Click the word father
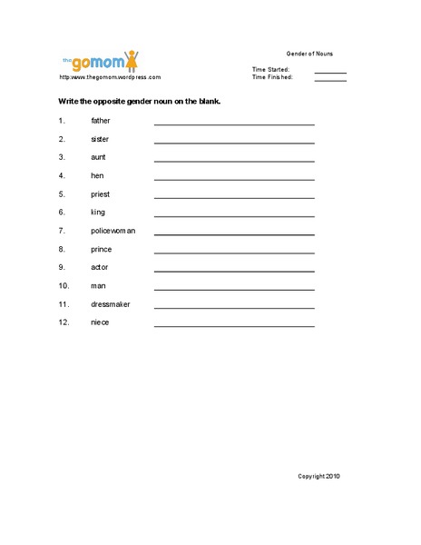click(x=101, y=120)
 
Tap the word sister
click(x=100, y=139)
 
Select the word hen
click(x=97, y=175)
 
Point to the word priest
click(x=101, y=193)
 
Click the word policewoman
click(x=113, y=231)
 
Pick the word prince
click(x=102, y=249)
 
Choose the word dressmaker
click(x=111, y=304)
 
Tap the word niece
click(x=100, y=322)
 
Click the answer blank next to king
click(x=234, y=215)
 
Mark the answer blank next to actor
click(x=234, y=271)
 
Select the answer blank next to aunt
click(x=234, y=160)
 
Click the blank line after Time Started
click(x=330, y=72)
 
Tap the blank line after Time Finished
click(x=330, y=80)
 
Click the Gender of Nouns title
click(x=309, y=54)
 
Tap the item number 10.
click(x=63, y=286)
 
